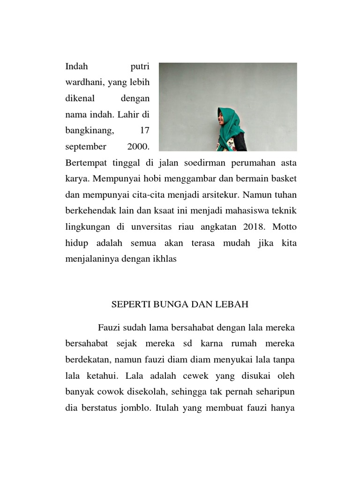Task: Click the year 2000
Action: (137, 147)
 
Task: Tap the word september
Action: (86, 147)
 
